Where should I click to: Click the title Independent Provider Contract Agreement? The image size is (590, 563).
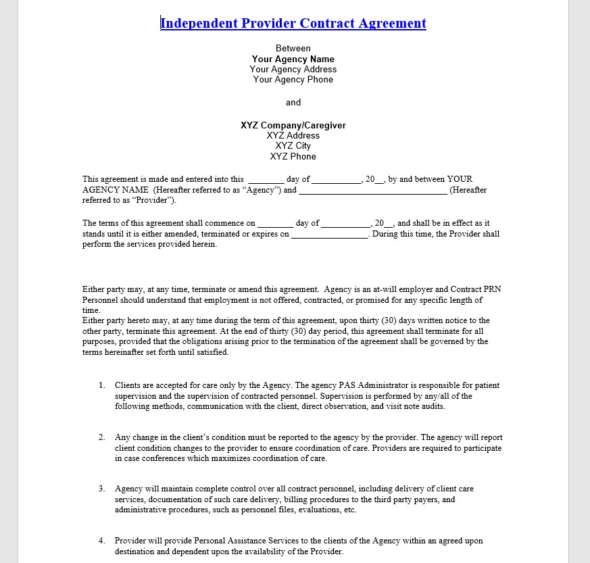(293, 24)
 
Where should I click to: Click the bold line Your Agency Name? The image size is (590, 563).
(293, 59)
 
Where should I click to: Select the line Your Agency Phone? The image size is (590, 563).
(293, 80)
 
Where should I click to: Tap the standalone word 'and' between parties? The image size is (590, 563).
(293, 103)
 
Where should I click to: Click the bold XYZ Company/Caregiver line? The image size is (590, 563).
(293, 125)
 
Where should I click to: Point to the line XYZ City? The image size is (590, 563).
(293, 146)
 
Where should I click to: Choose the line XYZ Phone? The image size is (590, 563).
(293, 157)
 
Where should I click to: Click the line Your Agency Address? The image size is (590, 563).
(293, 69)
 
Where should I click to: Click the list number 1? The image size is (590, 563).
(101, 385)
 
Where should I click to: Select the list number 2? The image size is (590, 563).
(101, 437)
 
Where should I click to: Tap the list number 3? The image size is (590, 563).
(101, 489)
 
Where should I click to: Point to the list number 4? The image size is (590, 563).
(101, 541)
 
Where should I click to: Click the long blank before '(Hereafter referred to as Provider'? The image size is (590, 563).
(372, 191)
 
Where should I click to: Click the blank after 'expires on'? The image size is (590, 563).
(329, 235)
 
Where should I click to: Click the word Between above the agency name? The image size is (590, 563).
(293, 49)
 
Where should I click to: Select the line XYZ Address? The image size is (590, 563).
(293, 136)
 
